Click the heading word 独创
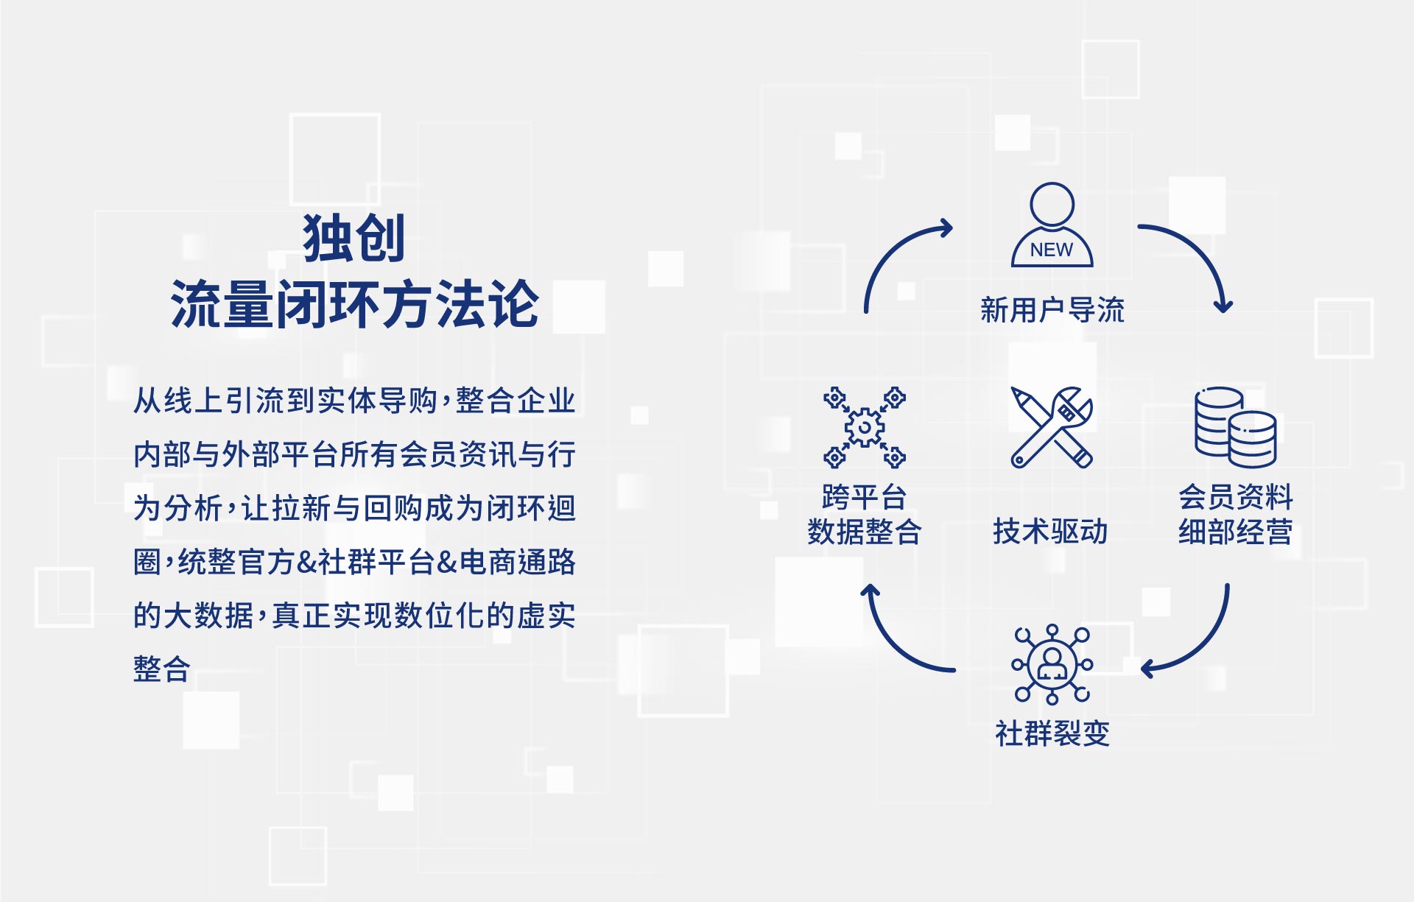353,238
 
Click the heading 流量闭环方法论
354,303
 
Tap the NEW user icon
1052,225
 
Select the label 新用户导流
1052,310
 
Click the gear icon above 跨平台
865,427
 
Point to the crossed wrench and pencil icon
1051,427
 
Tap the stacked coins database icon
1235,427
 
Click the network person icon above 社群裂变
1052,664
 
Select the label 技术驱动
1050,531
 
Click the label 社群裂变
1052,733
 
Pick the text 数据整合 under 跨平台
865,531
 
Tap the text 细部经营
1235,531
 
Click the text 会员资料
1235,497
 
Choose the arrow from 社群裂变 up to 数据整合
894,645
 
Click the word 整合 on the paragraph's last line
162,669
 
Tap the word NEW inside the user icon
1052,250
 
